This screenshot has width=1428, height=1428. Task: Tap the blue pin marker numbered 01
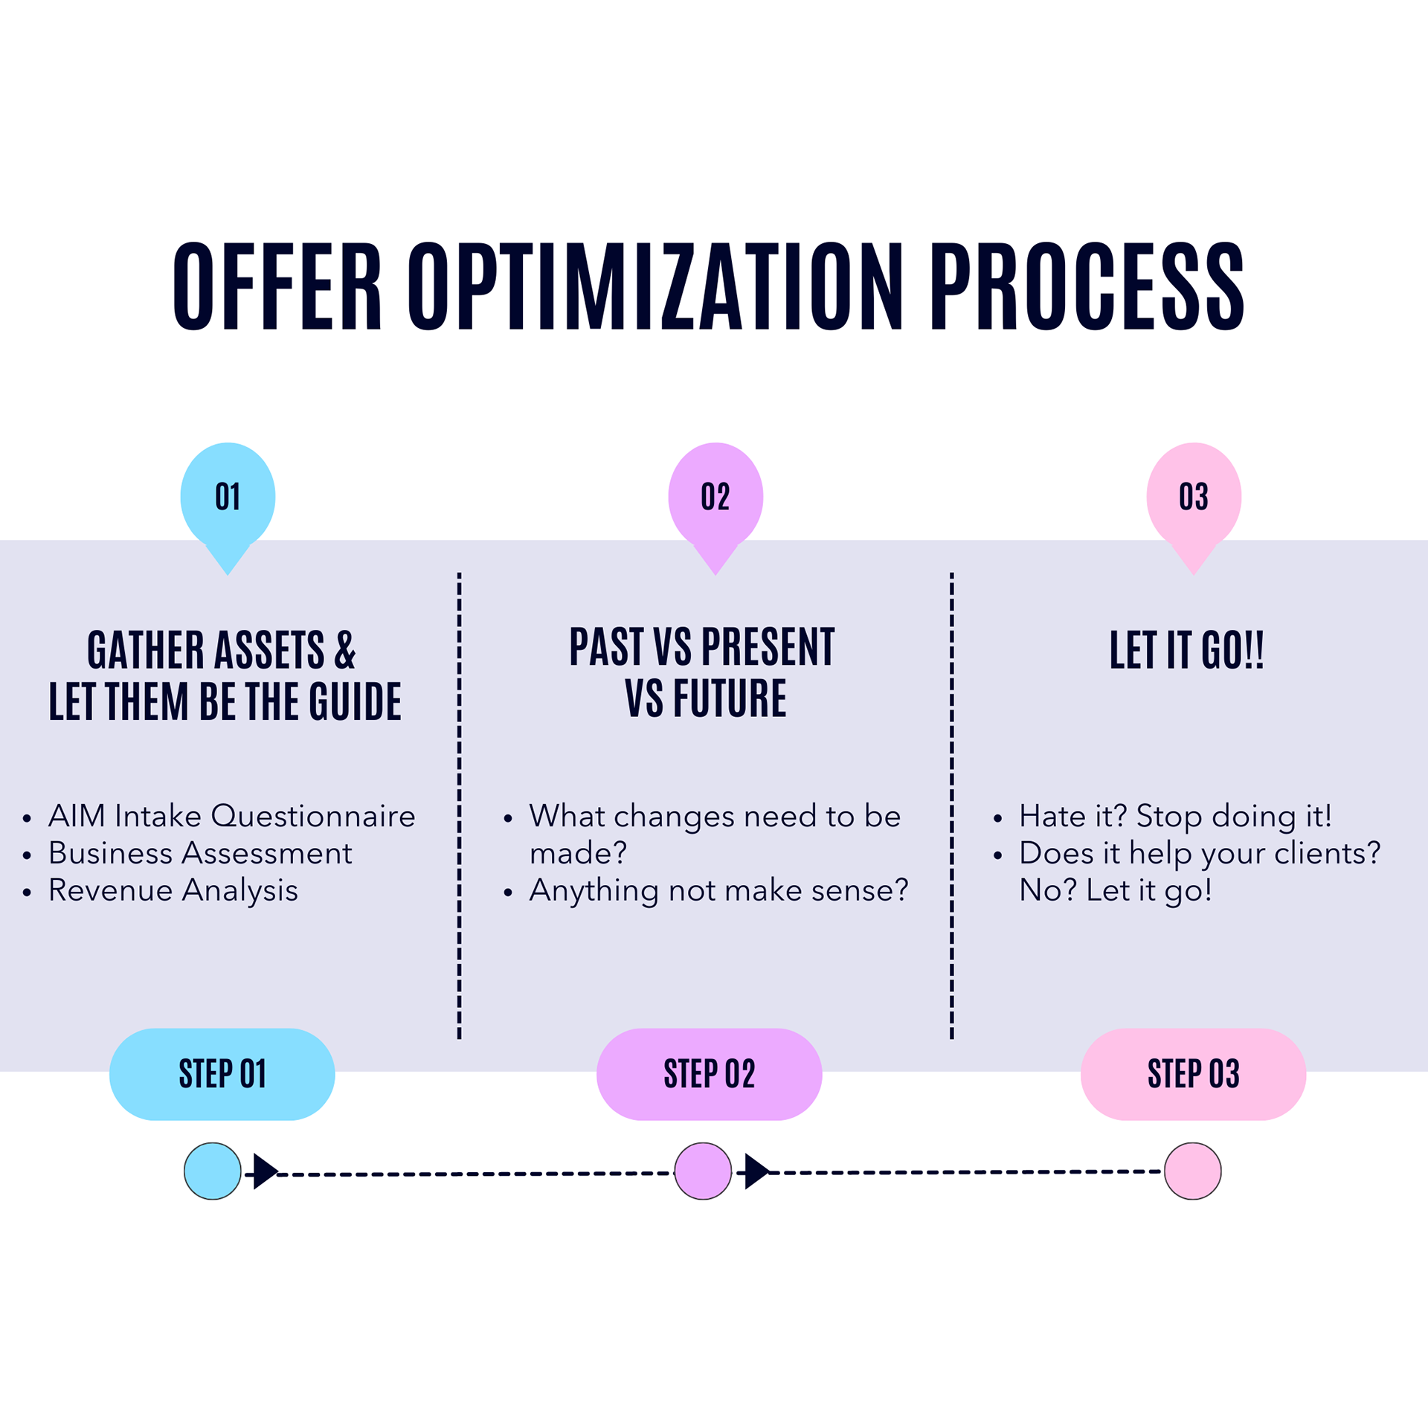(x=228, y=497)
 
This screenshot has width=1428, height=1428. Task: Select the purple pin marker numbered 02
(x=715, y=497)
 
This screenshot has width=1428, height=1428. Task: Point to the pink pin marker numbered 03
(x=1194, y=497)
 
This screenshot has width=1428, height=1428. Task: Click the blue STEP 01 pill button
(x=222, y=1074)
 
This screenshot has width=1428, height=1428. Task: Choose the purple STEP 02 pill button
(x=709, y=1074)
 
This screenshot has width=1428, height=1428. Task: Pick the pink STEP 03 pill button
(x=1193, y=1074)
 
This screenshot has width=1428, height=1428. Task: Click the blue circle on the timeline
(x=213, y=1171)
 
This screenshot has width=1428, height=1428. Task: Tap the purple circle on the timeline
(x=703, y=1171)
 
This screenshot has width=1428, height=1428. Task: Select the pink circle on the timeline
(x=1193, y=1171)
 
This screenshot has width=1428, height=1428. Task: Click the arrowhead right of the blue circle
(x=264, y=1171)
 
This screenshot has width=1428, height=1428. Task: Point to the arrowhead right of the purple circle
(x=756, y=1171)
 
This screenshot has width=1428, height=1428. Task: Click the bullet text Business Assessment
(x=200, y=853)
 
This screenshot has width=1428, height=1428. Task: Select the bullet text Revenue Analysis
(x=173, y=890)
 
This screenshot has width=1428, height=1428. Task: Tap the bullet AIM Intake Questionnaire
(x=231, y=816)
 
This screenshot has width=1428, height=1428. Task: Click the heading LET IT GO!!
(x=1186, y=650)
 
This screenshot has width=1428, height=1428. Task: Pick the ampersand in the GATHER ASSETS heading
(x=345, y=650)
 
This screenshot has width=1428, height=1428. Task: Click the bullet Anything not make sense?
(x=718, y=890)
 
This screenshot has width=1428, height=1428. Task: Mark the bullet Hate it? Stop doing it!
(x=1175, y=816)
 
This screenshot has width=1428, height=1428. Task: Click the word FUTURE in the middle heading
(x=730, y=698)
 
